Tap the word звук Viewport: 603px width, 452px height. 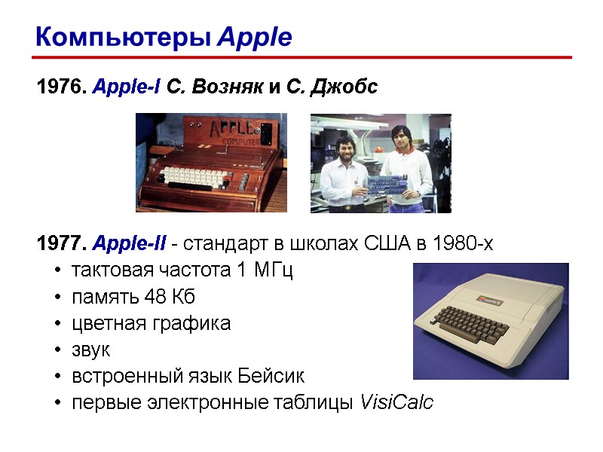pyautogui.click(x=90, y=350)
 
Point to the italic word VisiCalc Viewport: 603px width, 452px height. pyautogui.click(x=397, y=403)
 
